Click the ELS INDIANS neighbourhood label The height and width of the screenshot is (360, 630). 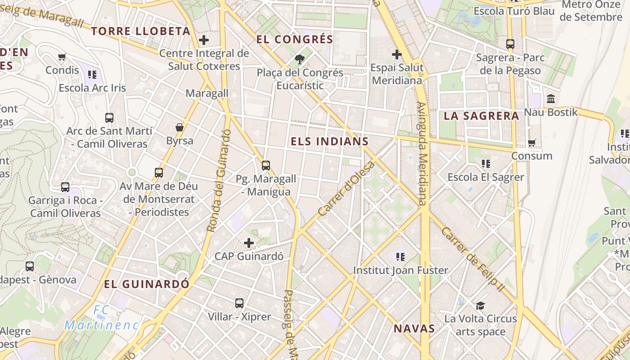coord(329,141)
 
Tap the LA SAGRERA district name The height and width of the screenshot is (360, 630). coord(481,116)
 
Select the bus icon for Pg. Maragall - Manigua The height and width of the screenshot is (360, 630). coord(266,165)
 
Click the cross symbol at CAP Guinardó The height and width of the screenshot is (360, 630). coord(249,243)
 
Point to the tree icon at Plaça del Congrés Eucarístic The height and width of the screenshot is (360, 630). coord(299,59)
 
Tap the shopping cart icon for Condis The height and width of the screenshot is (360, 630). coord(62,57)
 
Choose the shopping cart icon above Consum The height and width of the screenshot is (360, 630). coord(531,143)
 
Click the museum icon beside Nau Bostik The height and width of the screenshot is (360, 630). coord(550,99)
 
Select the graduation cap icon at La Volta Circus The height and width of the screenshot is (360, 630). coord(480,306)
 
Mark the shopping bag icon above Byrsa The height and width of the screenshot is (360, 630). coord(180,127)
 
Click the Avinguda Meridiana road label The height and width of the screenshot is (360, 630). coord(422,153)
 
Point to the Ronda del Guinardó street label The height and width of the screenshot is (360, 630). coord(219,180)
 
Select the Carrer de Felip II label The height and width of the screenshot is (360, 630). coord(473,259)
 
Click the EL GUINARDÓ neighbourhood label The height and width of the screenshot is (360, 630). coord(147,284)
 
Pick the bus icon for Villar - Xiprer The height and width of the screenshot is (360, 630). coord(239,303)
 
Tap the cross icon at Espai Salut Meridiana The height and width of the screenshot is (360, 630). coord(396,55)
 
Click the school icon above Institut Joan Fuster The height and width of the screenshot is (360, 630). coord(400,257)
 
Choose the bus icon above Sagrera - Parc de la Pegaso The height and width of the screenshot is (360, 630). coord(510,44)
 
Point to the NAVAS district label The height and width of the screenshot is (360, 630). coord(414,328)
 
